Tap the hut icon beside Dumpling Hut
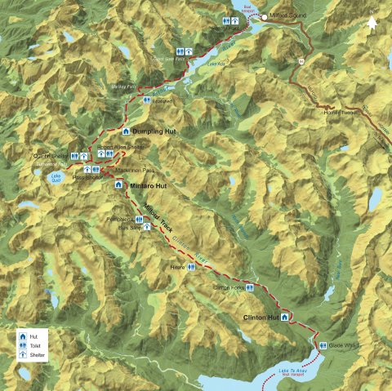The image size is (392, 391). pos(125,131)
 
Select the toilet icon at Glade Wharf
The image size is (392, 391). pos(323,345)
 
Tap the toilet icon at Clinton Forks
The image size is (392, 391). pos(250,288)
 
